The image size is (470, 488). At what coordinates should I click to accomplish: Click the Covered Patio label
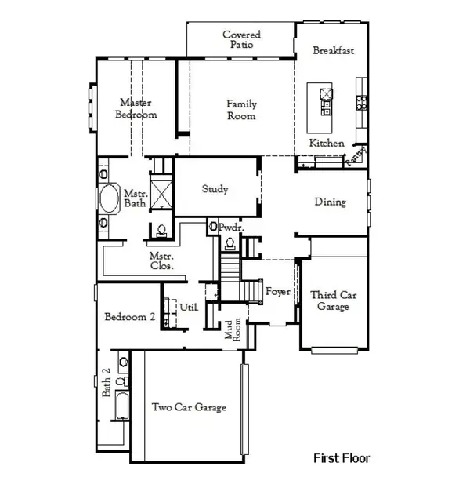pyautogui.click(x=241, y=40)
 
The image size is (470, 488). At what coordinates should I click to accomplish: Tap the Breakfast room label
pyautogui.click(x=334, y=50)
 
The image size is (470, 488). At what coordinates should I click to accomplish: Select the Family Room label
pyautogui.click(x=241, y=110)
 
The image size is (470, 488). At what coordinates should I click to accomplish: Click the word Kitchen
pyautogui.click(x=327, y=143)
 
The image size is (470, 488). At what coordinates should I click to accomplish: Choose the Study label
pyautogui.click(x=215, y=189)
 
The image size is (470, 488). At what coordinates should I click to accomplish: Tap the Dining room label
pyautogui.click(x=330, y=202)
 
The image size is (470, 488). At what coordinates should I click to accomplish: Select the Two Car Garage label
pyautogui.click(x=189, y=407)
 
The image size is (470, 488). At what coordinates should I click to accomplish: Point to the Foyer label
pyautogui.click(x=278, y=292)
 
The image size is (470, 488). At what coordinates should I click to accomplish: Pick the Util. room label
pyautogui.click(x=189, y=307)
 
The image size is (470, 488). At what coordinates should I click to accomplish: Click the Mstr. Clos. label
pyautogui.click(x=161, y=261)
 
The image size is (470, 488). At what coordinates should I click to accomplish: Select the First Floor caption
pyautogui.click(x=342, y=458)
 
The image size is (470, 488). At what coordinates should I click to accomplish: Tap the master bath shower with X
pyautogui.click(x=161, y=191)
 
